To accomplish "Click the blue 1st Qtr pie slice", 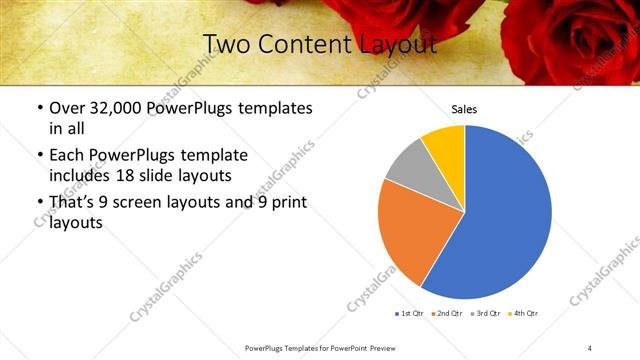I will [505, 215].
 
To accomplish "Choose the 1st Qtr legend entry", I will [410, 314].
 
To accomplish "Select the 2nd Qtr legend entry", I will [448, 314].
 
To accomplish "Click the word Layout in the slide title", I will [403, 45].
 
